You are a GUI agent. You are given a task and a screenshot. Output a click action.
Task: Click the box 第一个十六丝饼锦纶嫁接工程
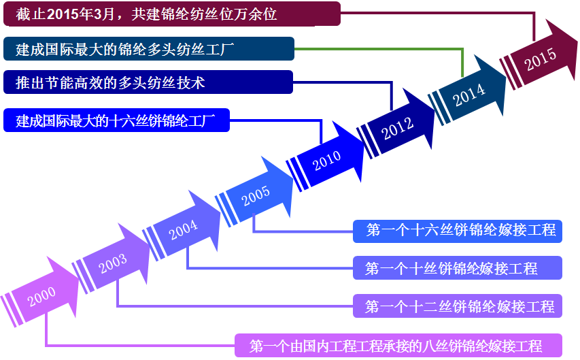point(460,231)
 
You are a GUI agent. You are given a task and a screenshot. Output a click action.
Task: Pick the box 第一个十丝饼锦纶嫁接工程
point(457,268)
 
